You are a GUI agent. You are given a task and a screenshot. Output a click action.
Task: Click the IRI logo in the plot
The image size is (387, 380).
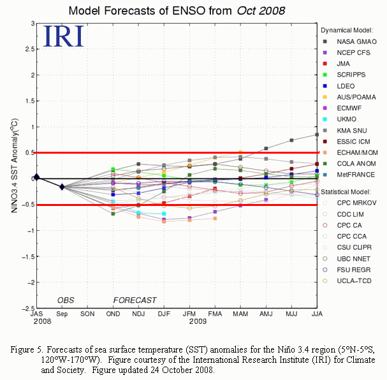[63, 36]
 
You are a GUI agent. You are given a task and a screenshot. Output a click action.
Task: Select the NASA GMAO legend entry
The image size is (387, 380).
[350, 41]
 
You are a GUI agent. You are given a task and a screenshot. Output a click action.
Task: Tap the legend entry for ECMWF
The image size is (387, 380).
[342, 108]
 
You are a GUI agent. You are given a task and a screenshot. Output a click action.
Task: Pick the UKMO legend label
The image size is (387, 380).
[347, 119]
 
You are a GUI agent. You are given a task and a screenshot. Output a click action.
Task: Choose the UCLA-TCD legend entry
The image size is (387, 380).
[347, 281]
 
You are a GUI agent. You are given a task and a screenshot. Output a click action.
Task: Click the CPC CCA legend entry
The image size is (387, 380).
[344, 237]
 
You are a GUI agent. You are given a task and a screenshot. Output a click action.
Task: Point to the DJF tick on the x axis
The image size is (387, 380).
[164, 314]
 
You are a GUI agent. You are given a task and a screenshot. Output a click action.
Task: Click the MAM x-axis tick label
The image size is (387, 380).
[240, 314]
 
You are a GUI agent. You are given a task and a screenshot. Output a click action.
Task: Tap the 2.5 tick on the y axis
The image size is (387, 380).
[29, 49]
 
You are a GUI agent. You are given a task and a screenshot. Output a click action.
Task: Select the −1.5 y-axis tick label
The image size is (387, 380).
[28, 256]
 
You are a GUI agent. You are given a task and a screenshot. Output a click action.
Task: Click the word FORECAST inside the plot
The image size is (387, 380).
[135, 300]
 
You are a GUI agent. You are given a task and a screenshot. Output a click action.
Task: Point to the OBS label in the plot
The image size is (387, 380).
[66, 300]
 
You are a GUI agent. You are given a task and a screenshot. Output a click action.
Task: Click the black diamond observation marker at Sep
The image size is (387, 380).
[62, 187]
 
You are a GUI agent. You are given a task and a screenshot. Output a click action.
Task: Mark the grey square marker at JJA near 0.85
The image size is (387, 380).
[317, 135]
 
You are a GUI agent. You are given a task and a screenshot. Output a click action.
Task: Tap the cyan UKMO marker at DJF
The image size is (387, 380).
[164, 214]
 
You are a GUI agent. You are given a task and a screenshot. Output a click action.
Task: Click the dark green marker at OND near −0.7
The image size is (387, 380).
[113, 214]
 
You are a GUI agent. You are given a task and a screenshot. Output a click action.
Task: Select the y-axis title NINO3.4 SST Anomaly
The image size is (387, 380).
[14, 166]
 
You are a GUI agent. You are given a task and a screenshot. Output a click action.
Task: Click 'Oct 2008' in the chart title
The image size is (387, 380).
[261, 11]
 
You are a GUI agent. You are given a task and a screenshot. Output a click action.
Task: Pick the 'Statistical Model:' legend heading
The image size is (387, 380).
[346, 192]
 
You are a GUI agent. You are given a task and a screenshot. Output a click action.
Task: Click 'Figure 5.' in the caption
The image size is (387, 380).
[27, 349]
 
